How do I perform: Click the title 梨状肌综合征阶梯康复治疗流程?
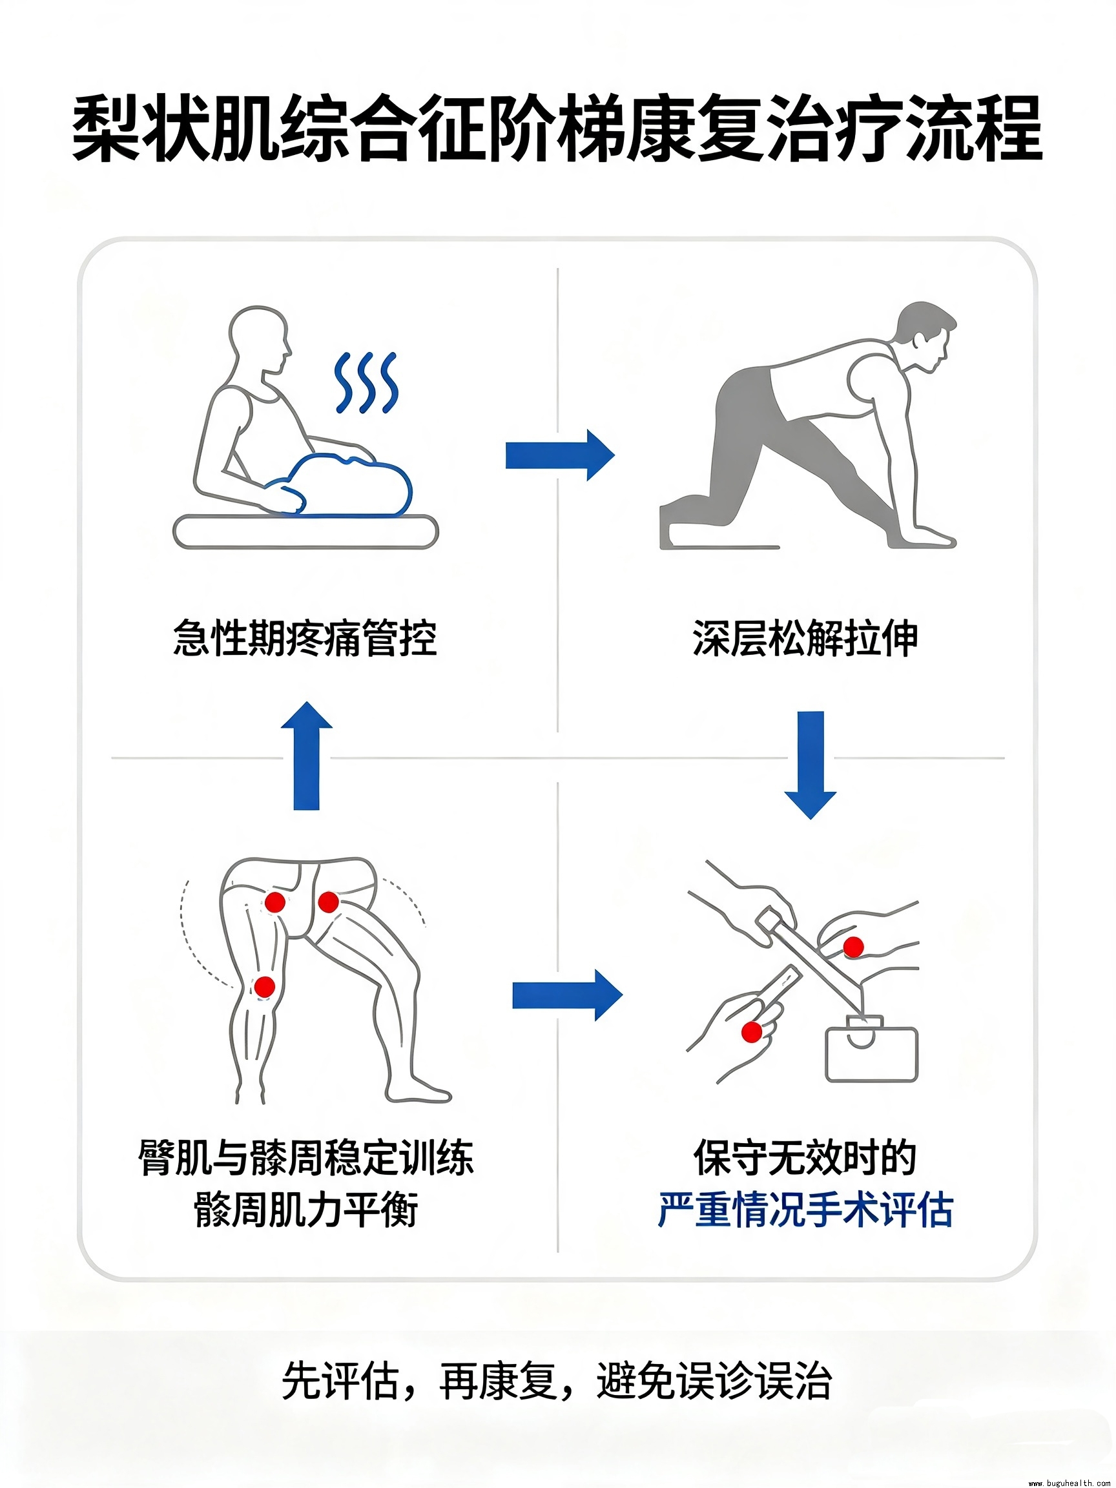click(557, 129)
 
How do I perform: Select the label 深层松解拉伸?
click(805, 637)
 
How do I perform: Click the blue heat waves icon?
click(367, 382)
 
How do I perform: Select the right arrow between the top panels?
click(561, 455)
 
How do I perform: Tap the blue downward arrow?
click(810, 765)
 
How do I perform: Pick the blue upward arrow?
click(307, 756)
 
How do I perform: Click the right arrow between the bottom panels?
click(568, 995)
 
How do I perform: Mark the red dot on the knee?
click(264, 987)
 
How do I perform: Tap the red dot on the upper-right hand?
click(853, 947)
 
